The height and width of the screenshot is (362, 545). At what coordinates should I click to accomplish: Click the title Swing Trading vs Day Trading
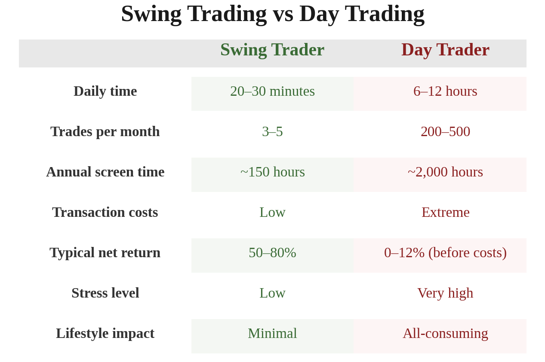click(273, 14)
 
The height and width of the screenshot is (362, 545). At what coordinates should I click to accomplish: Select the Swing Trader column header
click(272, 49)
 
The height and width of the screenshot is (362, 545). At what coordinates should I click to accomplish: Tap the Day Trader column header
click(445, 49)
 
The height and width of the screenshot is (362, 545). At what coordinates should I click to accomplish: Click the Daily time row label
click(105, 91)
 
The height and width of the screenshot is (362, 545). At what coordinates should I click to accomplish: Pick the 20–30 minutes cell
click(272, 91)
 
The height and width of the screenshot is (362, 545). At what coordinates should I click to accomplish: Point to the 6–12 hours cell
click(445, 91)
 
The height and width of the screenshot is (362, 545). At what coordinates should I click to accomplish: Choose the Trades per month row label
click(105, 131)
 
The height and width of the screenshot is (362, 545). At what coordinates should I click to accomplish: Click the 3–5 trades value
click(272, 131)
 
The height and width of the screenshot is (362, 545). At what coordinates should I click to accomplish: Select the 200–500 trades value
click(445, 131)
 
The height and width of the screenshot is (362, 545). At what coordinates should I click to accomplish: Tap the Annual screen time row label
click(105, 172)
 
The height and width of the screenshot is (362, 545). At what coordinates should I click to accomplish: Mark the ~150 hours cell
click(272, 172)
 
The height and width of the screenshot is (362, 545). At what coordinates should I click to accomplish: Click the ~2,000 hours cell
click(445, 172)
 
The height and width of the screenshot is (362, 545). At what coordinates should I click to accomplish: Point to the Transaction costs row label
click(105, 212)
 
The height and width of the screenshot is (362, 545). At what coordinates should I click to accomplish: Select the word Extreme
click(445, 212)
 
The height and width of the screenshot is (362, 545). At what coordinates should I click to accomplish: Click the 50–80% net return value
click(272, 252)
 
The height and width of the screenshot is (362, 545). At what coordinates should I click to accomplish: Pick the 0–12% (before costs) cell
click(445, 252)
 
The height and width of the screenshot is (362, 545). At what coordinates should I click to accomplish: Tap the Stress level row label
click(105, 293)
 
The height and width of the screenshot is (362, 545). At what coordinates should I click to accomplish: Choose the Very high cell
click(445, 293)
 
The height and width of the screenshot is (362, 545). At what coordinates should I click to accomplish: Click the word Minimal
click(272, 333)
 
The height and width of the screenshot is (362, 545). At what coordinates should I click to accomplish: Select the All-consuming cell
click(445, 333)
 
